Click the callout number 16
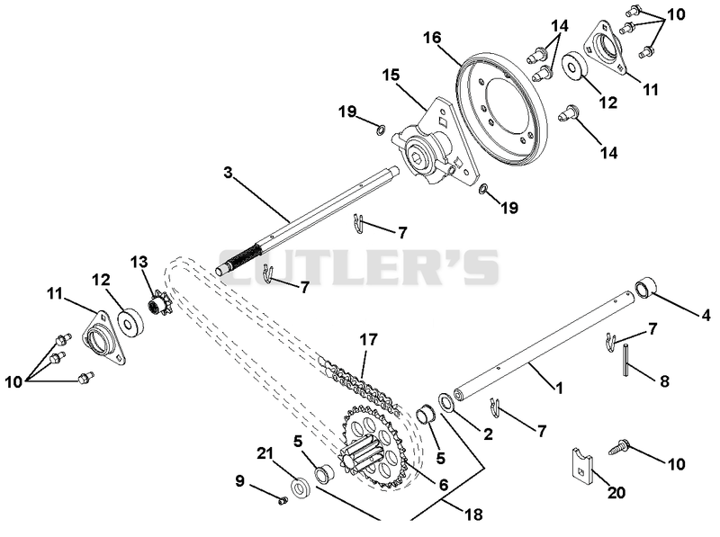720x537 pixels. click(433, 37)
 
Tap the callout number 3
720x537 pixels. click(229, 173)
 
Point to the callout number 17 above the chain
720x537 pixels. click(369, 340)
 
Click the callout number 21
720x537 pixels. click(265, 453)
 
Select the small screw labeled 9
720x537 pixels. click(283, 501)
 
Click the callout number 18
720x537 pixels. click(474, 515)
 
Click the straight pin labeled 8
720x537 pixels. click(626, 361)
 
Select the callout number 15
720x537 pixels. click(391, 75)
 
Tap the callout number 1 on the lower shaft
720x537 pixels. click(559, 389)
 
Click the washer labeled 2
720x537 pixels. click(445, 402)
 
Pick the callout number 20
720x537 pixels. click(616, 493)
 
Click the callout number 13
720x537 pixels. click(139, 262)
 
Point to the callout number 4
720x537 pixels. click(706, 315)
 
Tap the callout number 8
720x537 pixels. click(664, 381)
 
